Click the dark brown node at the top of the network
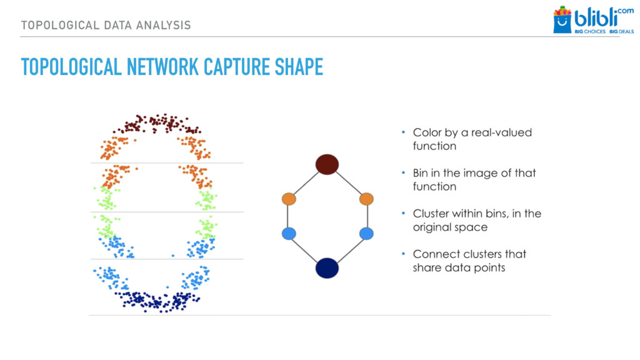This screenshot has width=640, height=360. pos(327,164)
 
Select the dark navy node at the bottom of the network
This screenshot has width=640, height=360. pos(327,267)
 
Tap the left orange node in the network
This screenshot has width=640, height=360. pos(288,199)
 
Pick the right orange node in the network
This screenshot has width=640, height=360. pos(367,199)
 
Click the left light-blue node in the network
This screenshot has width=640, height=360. pos(288,234)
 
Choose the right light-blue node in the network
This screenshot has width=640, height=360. pos(367,234)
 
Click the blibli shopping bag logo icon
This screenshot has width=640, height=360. pos(562,20)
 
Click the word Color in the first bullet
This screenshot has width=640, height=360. pos(427,132)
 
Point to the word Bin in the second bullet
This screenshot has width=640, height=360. pos(421,173)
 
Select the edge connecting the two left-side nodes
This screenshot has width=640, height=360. pos(288,216)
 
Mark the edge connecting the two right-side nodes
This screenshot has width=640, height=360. pos(367,216)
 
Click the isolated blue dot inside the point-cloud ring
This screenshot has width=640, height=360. pos(173,255)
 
